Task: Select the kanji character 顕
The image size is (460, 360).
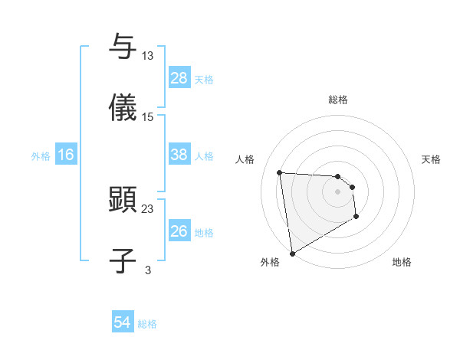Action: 123,199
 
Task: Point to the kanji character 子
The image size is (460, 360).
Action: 123,260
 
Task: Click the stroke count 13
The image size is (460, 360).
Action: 148,55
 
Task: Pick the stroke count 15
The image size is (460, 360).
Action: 148,116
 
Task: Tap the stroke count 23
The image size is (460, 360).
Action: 148,208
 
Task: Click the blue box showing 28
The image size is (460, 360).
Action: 179,78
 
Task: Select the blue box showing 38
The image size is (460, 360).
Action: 179,155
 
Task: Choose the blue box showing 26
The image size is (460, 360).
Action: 179,231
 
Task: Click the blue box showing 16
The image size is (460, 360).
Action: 66,155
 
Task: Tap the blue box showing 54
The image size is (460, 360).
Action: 123,322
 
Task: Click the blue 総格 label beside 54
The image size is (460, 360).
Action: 147,324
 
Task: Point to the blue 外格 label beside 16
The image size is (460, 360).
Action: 41,156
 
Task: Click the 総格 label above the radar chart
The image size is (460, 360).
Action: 338,100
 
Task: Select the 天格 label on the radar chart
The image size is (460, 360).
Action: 432,159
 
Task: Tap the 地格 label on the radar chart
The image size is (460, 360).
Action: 402,262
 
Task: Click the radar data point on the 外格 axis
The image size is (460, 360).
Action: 292,253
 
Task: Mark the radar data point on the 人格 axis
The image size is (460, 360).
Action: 280,172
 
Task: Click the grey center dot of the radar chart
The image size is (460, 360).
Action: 338,191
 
